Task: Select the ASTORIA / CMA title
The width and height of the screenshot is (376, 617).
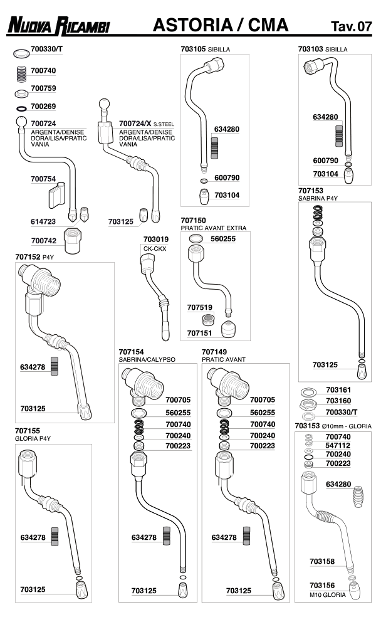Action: point(221,26)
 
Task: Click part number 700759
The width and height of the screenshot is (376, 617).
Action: point(43,88)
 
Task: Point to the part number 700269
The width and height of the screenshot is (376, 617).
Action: point(43,106)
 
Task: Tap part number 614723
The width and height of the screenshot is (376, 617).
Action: point(43,221)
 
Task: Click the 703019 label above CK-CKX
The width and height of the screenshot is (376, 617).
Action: point(155,239)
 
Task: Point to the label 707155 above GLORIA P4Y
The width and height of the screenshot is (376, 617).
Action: point(28,431)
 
